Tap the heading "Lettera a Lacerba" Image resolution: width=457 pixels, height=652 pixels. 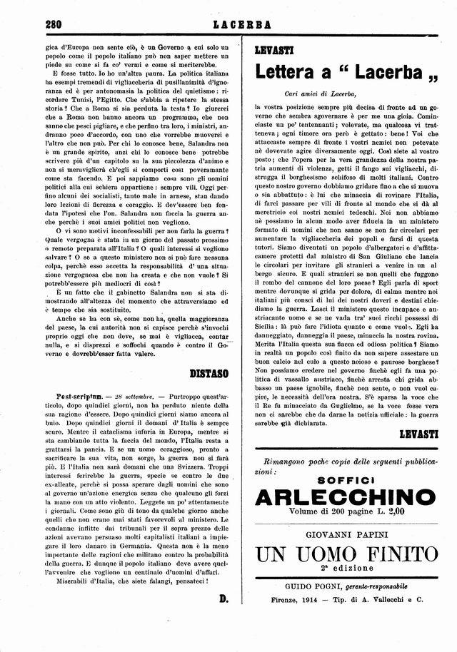tap(341, 72)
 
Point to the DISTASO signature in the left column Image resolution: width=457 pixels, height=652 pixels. tap(209, 372)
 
